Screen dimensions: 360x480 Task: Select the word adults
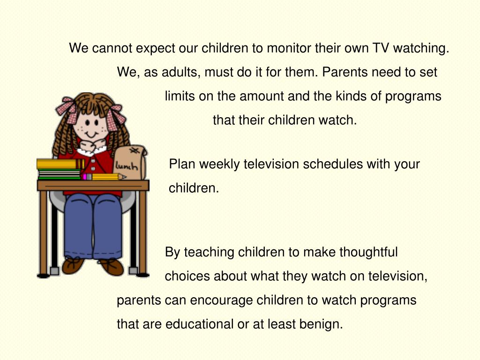tap(182, 72)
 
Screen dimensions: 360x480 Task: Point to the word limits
tap(180, 96)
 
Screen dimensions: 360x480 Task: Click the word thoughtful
tap(368, 252)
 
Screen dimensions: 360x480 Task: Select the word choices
tap(187, 276)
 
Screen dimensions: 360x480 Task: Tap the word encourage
tap(227, 300)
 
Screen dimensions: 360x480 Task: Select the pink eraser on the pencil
tap(85, 177)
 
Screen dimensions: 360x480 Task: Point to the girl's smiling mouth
tap(92, 134)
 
